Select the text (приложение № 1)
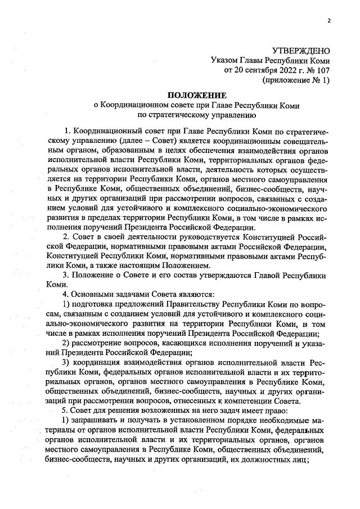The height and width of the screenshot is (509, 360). (x=296, y=80)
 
